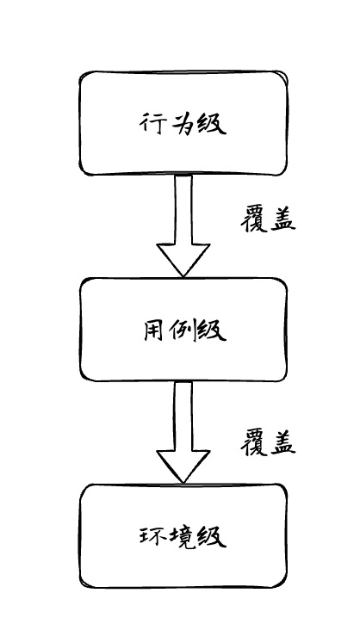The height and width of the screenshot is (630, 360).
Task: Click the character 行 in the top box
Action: [152, 123]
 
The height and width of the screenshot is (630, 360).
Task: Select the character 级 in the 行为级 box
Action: [212, 124]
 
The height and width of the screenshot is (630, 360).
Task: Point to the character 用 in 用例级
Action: [154, 330]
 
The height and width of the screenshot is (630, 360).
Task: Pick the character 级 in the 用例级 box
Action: [212, 330]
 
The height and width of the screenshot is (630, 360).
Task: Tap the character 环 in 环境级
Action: [151, 536]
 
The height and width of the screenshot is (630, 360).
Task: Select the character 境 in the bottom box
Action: [180, 536]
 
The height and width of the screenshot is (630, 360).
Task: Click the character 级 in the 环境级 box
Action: [212, 536]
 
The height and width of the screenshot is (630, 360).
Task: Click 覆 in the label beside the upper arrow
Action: [254, 220]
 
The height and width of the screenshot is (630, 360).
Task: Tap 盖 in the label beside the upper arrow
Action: [283, 219]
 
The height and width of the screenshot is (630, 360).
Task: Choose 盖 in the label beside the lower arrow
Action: [283, 443]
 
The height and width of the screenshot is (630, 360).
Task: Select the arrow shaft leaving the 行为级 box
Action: [183, 209]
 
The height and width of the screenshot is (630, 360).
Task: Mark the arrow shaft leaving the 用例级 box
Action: [183, 416]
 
